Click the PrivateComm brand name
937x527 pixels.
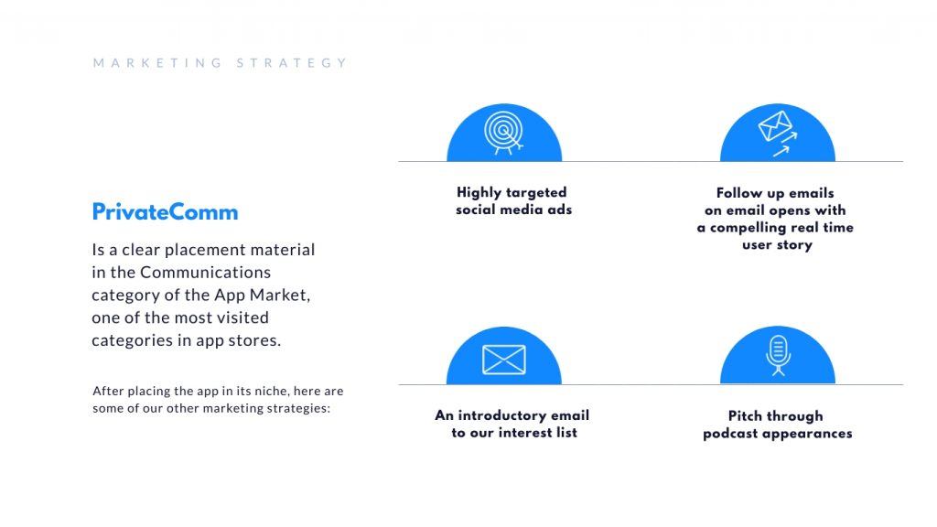point(165,212)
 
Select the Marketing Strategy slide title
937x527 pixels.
point(220,63)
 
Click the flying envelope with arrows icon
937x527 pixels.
point(778,134)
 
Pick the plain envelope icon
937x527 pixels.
point(504,360)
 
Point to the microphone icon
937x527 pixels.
point(778,356)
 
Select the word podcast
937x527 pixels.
point(730,433)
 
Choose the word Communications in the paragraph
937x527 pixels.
point(206,273)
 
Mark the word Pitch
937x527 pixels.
point(745,416)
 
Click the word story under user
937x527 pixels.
point(794,245)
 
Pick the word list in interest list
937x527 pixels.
point(566,433)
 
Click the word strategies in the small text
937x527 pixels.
point(298,409)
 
